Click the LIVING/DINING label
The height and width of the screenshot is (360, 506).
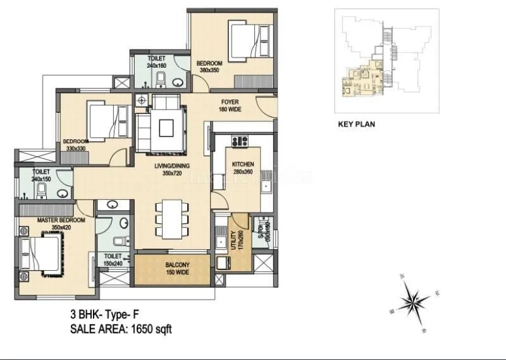point(173,168)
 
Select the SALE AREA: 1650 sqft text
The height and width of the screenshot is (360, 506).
point(121,328)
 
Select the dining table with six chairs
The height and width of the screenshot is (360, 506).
point(172,218)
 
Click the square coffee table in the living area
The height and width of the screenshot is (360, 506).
point(166,127)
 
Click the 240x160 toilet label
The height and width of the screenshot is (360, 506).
point(156,61)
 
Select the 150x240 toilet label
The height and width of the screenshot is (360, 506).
point(113,259)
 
